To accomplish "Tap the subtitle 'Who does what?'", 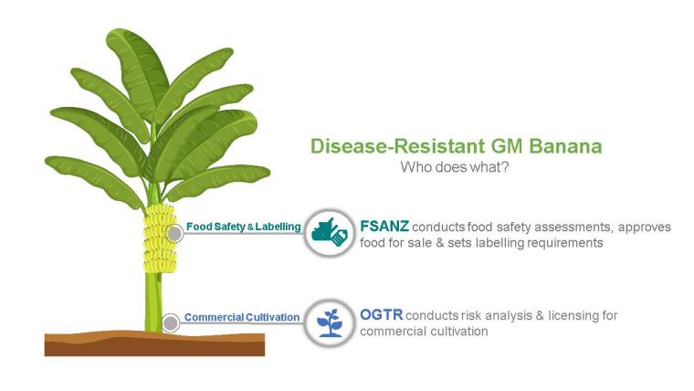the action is pyautogui.click(x=455, y=167).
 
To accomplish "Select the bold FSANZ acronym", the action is pyautogui.click(x=384, y=227).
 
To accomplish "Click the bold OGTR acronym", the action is pyautogui.click(x=382, y=315).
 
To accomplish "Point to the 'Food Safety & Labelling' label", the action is pyautogui.click(x=244, y=227).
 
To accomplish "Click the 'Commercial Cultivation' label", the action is pyautogui.click(x=242, y=318).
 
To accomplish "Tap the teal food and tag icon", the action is pyautogui.click(x=330, y=233).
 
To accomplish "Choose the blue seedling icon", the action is pyautogui.click(x=330, y=323).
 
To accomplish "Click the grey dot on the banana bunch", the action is pyautogui.click(x=174, y=233).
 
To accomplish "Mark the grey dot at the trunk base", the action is pyautogui.click(x=171, y=323).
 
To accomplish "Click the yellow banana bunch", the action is pyautogui.click(x=160, y=238).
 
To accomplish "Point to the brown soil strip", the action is pyautogui.click(x=154, y=343).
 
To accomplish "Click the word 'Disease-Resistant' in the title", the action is pyautogui.click(x=392, y=146).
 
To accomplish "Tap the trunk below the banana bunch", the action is pyautogui.click(x=153, y=302).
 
